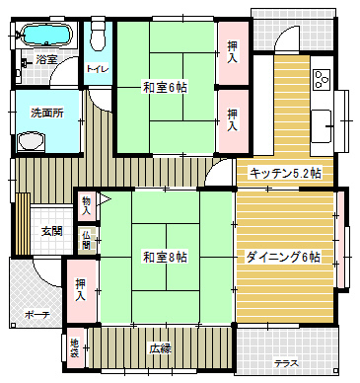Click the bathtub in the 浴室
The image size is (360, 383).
tap(46, 34)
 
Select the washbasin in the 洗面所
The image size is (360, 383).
tap(31, 142)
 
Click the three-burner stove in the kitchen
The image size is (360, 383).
tap(322, 80)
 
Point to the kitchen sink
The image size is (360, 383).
tap(322, 126)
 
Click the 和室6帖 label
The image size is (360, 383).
tap(165, 88)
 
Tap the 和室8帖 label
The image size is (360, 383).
tap(165, 257)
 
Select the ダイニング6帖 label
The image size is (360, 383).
tap(283, 257)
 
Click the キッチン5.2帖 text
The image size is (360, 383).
tap(285, 173)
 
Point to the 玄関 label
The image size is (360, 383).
tap(51, 231)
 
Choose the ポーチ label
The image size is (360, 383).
tap(37, 315)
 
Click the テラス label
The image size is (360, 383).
tap(287, 363)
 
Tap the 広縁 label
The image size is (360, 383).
tap(161, 348)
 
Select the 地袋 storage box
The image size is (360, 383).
tap(75, 348)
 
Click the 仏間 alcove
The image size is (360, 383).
tap(86, 240)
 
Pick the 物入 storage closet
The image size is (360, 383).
tap(86, 205)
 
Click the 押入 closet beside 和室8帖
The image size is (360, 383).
tap(81, 291)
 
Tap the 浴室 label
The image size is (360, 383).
tap(46, 59)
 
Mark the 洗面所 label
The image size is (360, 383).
tap(47, 113)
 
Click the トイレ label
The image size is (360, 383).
tap(98, 69)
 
